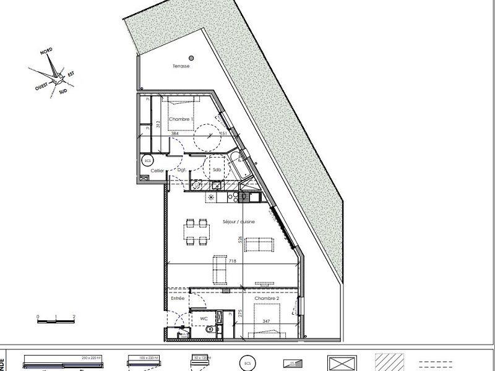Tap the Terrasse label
(181, 67)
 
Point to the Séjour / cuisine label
(239, 221)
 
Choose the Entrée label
(178, 299)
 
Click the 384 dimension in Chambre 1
(166, 133)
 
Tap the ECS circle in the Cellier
(147, 160)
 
